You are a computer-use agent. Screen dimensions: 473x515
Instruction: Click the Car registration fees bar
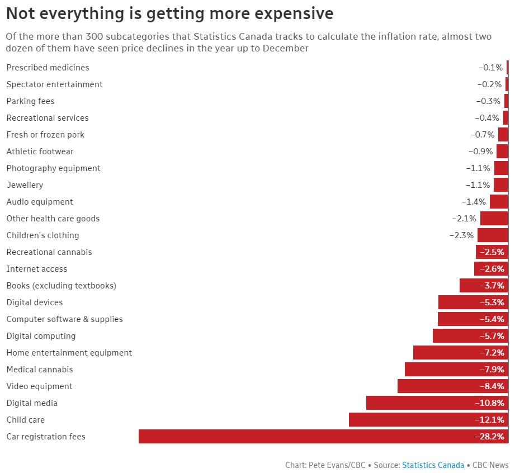302,437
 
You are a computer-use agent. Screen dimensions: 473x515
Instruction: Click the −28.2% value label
490,437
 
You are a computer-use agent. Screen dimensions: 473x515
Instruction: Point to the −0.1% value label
491,68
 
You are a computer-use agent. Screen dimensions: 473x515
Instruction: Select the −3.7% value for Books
492,286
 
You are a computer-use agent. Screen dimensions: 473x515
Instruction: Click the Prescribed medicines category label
48,68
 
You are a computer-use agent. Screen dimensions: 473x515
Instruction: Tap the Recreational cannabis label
49,252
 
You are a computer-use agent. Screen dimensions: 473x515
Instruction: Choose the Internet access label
36,269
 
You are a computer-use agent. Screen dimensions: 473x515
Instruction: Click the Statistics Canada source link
433,465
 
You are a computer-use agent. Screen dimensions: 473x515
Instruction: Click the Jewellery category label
25,185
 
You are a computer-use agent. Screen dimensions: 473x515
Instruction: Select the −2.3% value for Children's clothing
462,235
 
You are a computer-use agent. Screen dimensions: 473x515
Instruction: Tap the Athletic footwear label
40,152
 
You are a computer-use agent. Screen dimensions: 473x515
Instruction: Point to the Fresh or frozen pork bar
503,135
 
